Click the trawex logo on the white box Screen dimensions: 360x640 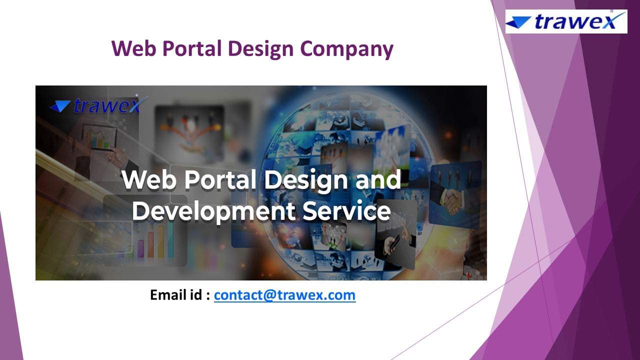[566, 21]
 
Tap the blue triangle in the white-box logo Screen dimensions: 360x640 [518, 22]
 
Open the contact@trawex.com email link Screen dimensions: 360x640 [284, 295]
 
